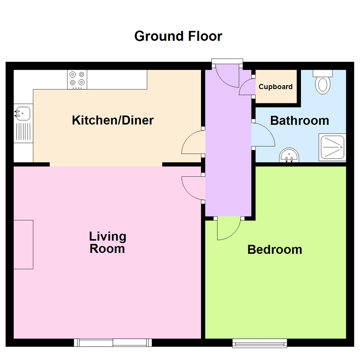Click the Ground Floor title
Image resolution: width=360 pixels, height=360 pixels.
[x=178, y=36]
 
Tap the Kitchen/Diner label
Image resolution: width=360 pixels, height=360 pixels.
[x=113, y=120]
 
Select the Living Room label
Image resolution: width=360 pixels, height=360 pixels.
[x=107, y=243]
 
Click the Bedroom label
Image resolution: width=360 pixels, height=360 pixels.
[x=275, y=249]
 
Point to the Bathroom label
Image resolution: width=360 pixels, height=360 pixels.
[x=299, y=120]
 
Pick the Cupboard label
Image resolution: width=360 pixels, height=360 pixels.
[x=276, y=87]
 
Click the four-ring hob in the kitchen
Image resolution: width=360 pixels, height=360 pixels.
[x=77, y=79]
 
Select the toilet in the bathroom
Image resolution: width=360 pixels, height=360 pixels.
[x=322, y=84]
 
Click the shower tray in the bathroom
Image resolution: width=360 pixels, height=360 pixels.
[x=332, y=147]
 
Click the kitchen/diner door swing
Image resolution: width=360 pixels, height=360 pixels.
[x=193, y=143]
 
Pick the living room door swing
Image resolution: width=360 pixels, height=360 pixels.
[x=193, y=188]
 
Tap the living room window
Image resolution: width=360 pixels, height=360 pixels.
[x=113, y=342]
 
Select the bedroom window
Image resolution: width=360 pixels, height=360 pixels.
[x=260, y=343]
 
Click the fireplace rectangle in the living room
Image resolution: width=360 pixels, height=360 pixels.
[x=23, y=244]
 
